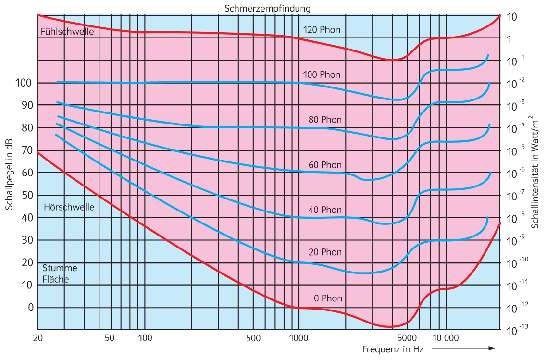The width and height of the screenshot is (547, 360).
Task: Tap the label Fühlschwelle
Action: pyautogui.click(x=67, y=33)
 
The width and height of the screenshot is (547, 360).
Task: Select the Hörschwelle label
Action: pyautogui.click(x=69, y=207)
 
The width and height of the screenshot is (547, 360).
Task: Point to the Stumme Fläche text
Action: pyautogui.click(x=60, y=273)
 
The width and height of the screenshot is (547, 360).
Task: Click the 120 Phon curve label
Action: pyautogui.click(x=322, y=30)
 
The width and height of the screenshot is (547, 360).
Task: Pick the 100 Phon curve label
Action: pyautogui.click(x=322, y=74)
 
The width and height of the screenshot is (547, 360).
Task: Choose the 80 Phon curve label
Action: pyautogui.click(x=325, y=119)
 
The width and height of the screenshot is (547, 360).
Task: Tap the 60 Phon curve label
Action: pyautogui.click(x=325, y=165)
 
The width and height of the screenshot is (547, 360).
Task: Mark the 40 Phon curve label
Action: pyautogui.click(x=325, y=210)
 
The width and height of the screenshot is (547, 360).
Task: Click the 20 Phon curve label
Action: pyautogui.click(x=325, y=252)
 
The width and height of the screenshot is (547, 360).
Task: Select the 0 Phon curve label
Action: pyautogui.click(x=328, y=298)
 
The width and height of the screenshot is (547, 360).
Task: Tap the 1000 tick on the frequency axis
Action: pyautogui.click(x=298, y=338)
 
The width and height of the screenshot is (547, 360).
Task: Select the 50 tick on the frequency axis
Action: pyautogui.click(x=110, y=338)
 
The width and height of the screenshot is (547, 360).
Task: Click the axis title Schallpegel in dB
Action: pyautogui.click(x=9, y=174)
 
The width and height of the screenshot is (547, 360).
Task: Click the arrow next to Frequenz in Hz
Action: pyautogui.click(x=464, y=348)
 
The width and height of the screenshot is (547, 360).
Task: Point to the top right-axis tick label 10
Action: pyautogui.click(x=512, y=17)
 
